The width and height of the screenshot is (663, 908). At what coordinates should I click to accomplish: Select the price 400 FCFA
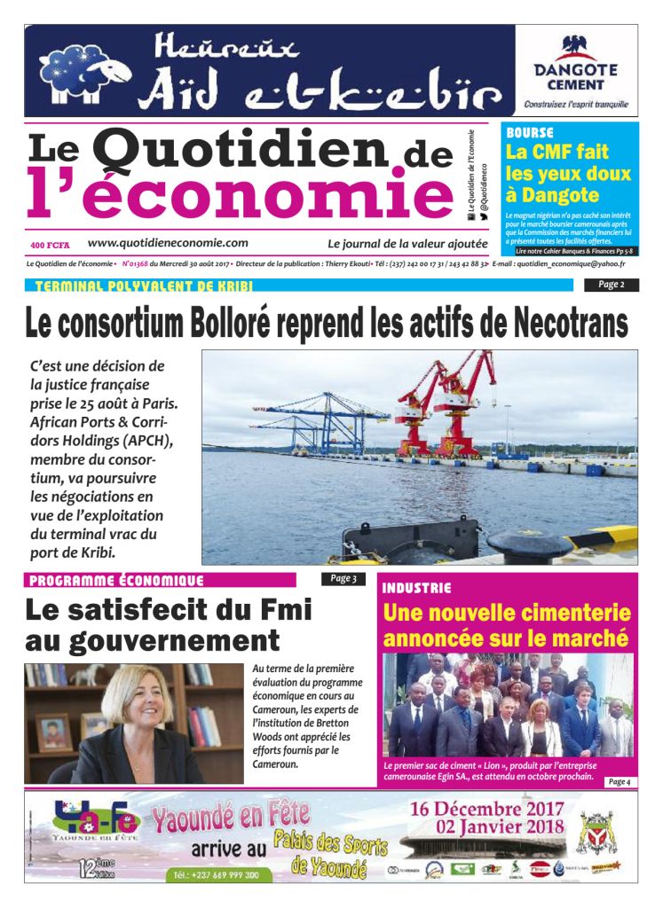coord(50,245)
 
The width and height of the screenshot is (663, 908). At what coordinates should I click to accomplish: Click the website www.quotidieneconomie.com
coord(168,243)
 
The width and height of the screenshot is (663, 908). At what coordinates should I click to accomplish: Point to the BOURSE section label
coord(530,132)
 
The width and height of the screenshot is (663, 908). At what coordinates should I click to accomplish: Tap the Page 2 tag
coord(611,285)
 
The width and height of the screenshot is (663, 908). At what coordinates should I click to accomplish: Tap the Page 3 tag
coord(343,579)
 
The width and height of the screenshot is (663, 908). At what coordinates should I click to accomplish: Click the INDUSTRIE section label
coord(416,588)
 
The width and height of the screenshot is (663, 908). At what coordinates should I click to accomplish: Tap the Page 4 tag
coord(620,781)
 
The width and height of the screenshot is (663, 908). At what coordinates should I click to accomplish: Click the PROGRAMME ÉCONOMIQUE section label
coord(116,581)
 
